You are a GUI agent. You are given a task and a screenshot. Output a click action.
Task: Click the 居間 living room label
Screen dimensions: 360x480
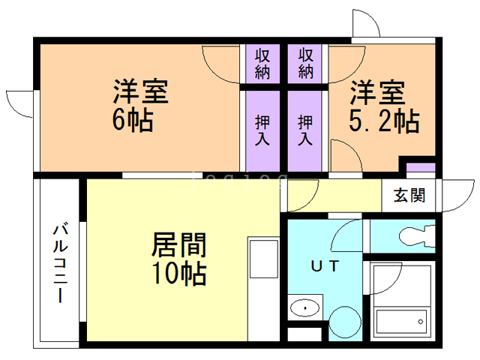pyautogui.click(x=179, y=245)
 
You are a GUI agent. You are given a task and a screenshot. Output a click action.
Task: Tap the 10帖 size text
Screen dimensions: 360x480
pyautogui.click(x=179, y=274)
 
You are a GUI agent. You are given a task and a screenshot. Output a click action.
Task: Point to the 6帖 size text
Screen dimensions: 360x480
pyautogui.click(x=133, y=121)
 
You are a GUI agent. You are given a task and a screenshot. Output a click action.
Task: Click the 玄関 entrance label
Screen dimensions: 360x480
pyautogui.click(x=409, y=196)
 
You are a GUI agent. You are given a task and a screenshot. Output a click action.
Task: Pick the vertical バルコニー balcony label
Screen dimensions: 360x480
pyautogui.click(x=58, y=262)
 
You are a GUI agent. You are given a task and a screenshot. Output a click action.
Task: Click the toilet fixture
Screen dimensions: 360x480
pyautogui.click(x=417, y=235)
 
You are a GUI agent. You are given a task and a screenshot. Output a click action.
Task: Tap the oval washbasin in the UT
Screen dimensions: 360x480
pyautogui.click(x=305, y=308)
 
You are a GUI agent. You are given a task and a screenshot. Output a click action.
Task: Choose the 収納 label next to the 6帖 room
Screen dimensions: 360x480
pyautogui.click(x=262, y=64)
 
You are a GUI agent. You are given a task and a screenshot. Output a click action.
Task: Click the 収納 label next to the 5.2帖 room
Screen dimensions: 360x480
pyautogui.click(x=305, y=64)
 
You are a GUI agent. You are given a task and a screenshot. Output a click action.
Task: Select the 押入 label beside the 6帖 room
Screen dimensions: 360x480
pyautogui.click(x=262, y=130)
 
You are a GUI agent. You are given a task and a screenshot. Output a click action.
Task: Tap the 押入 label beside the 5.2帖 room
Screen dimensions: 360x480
pyautogui.click(x=305, y=130)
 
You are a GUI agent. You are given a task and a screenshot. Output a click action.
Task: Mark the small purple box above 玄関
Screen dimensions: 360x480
pyautogui.click(x=420, y=166)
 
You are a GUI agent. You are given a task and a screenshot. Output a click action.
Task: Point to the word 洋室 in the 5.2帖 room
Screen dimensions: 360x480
pyautogui.click(x=379, y=92)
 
